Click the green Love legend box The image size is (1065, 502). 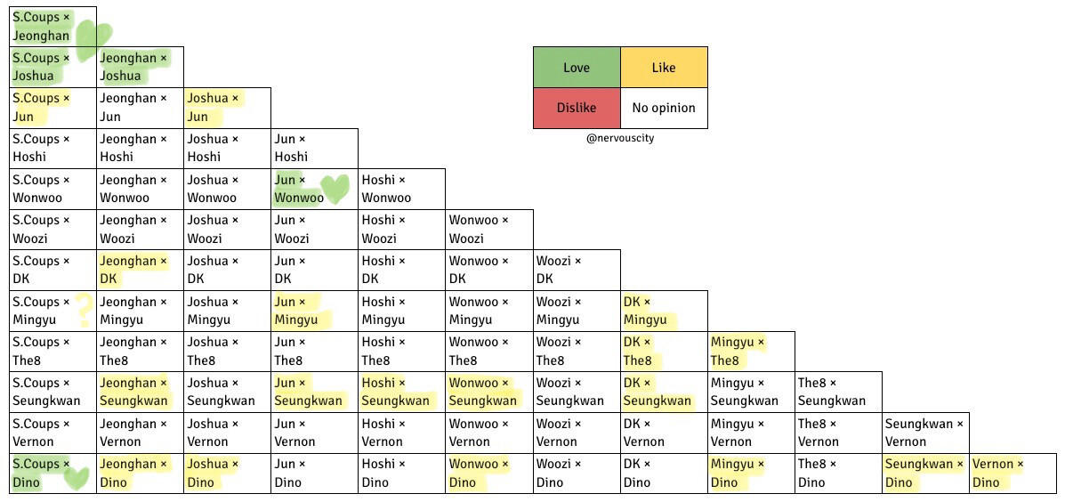pos(577,68)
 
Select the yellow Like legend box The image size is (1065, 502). pos(664,68)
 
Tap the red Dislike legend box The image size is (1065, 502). pos(577,108)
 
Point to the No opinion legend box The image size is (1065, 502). pos(664,108)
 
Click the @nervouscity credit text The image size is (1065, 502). pos(620,139)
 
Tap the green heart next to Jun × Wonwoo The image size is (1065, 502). pos(335,189)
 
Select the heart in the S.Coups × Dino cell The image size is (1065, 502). pos(77,478)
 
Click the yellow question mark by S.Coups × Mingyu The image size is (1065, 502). pos(84,310)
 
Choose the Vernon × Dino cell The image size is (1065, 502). pos(1013,474)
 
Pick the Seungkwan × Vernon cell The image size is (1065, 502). pos(925,433)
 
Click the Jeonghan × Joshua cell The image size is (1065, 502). pos(140,67)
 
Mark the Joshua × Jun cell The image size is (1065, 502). pos(227,108)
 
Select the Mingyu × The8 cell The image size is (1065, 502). pos(751,352)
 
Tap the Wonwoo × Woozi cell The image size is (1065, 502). pos(489,230)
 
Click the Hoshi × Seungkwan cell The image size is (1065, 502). pos(402,392)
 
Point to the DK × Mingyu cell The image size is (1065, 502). pos(664,311)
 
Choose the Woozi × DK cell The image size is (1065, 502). pos(577,270)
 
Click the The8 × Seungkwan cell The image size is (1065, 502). pos(838,392)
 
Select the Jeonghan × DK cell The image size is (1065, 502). pos(140,270)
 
